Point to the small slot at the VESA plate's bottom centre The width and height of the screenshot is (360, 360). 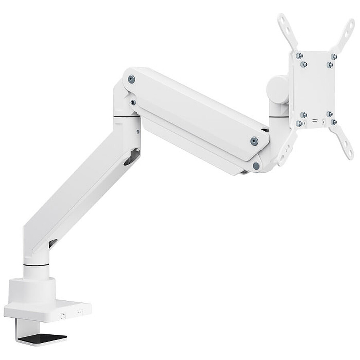pyautogui.click(x=316, y=119)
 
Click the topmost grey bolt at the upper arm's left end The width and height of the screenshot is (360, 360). pyautogui.click(x=131, y=79)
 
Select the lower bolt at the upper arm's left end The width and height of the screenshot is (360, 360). pyautogui.click(x=133, y=102)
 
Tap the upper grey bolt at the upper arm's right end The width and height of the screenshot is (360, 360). pyautogui.click(x=254, y=140)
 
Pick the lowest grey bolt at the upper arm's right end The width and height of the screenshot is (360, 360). pyautogui.click(x=256, y=165)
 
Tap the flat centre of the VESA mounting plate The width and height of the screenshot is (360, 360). pyautogui.click(x=316, y=88)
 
